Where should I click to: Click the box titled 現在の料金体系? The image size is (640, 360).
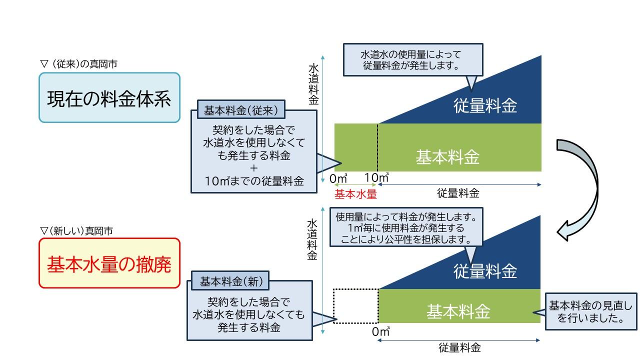coord(109,98)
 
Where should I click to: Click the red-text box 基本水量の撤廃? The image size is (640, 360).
coord(109,263)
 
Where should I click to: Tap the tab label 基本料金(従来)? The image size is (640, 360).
coord(237,109)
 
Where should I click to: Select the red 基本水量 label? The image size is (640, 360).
coord(355,194)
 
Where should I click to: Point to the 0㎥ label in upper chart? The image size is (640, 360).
coord(338,178)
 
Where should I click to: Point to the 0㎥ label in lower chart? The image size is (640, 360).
coord(381,331)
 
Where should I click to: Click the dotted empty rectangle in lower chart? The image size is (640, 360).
coord(355,306)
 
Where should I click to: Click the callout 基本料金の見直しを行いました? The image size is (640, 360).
coord(590,311)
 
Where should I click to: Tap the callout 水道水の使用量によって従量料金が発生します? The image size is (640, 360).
coord(413,59)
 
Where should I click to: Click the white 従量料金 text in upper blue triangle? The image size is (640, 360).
coord(485,105)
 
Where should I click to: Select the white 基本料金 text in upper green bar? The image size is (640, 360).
coord(447,157)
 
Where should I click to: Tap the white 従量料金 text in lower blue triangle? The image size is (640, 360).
coord(485,271)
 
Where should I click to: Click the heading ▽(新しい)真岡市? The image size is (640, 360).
coord(76,231)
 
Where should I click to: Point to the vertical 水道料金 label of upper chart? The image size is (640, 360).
coord(313,83)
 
